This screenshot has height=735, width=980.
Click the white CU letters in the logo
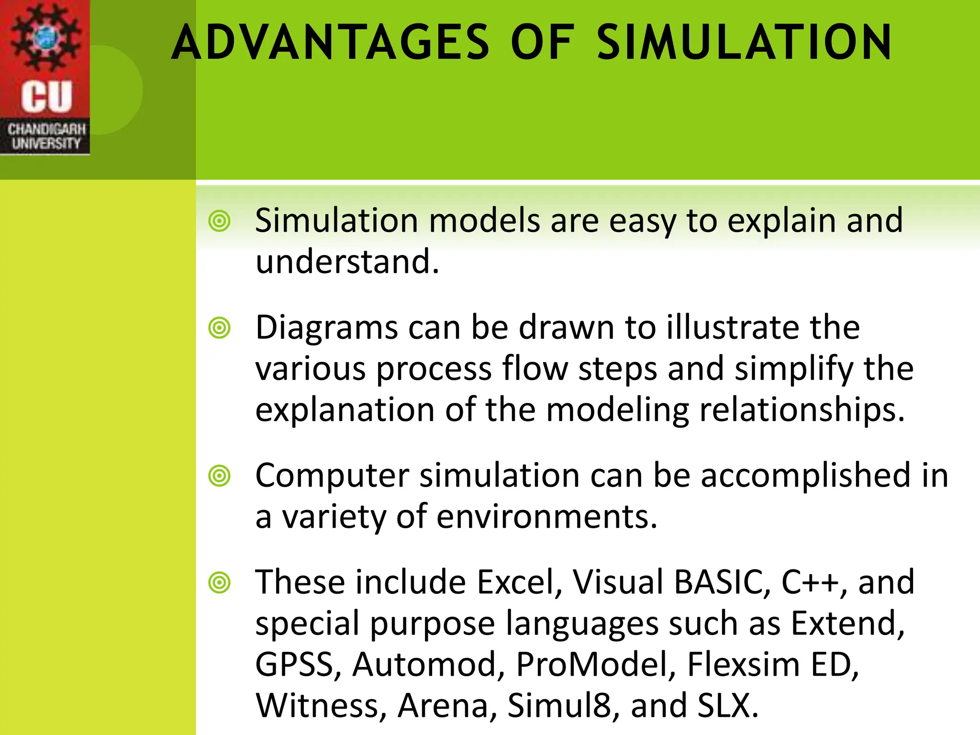46,97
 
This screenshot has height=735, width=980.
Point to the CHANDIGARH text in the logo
46,129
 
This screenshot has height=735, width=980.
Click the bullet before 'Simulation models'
220,221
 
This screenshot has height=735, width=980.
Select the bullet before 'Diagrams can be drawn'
220,328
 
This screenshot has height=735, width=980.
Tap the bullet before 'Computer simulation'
220,476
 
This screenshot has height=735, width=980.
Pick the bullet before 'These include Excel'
220,583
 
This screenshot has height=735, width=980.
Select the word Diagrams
327,328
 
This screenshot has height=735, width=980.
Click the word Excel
520,582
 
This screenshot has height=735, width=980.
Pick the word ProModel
596,665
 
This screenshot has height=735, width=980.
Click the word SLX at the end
727,706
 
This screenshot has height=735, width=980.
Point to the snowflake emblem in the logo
46,36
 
